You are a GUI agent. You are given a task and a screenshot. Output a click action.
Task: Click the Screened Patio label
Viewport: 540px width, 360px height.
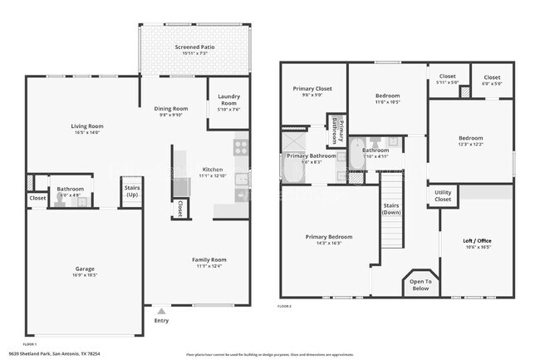[195, 47]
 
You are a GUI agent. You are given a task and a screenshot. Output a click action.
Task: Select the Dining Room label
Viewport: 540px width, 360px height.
[172, 108]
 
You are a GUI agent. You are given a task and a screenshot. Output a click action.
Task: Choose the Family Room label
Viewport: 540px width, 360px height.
[209, 259]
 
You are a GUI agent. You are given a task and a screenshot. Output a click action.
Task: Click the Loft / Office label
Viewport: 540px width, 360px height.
[477, 241]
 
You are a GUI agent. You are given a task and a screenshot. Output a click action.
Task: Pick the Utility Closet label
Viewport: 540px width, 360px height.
[444, 196]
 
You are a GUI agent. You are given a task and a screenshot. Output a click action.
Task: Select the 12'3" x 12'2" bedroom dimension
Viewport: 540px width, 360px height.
[470, 145]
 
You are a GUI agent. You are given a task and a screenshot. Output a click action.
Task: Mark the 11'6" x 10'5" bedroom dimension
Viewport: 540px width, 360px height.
[387, 102]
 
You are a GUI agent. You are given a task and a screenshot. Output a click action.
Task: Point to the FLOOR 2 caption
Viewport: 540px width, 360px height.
[285, 306]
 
